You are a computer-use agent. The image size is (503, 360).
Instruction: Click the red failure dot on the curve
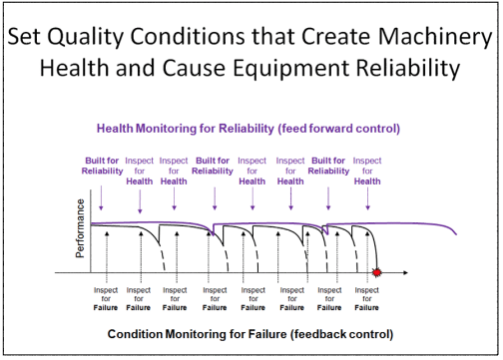point(376,272)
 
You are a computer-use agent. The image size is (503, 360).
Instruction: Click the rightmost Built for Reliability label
point(328,165)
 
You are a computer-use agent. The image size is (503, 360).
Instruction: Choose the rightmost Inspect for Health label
point(367,165)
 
